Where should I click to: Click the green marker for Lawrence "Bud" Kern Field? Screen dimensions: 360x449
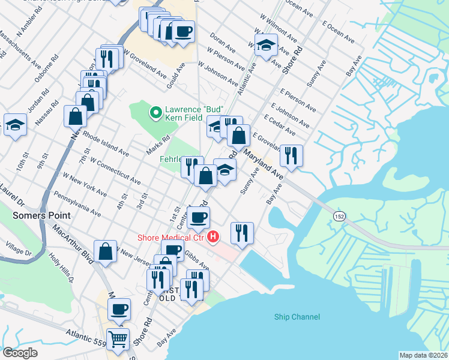[x=155, y=112]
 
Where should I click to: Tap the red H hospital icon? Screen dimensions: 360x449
[x=212, y=238]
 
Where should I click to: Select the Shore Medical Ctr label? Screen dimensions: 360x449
[x=170, y=238]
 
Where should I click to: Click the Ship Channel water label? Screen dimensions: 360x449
[x=297, y=317]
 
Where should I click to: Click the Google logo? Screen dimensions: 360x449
[x=20, y=353]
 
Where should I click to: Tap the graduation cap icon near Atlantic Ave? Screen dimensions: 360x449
[x=266, y=45]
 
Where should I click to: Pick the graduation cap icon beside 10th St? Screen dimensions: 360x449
[x=15, y=124]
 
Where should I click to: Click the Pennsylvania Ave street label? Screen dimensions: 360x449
[x=77, y=203]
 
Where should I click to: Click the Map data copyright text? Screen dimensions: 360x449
[x=423, y=355]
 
